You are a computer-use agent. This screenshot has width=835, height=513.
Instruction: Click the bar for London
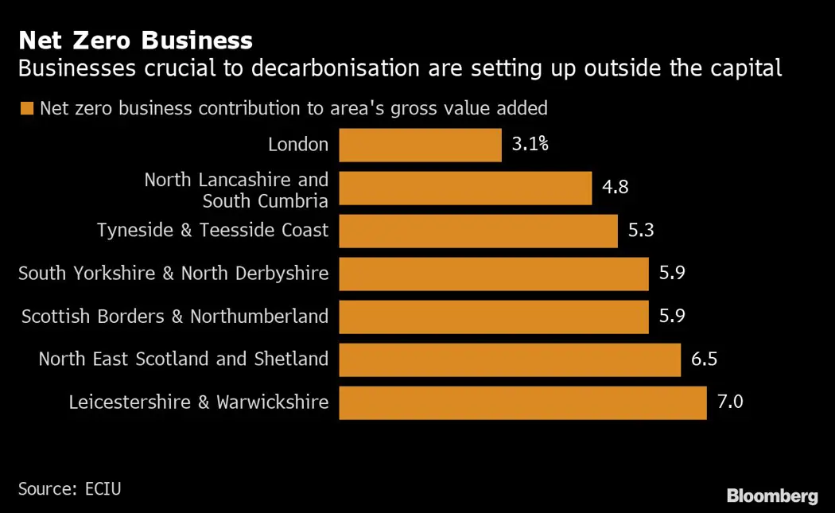tap(420, 146)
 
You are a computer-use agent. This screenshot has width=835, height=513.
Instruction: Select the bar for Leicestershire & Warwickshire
tap(522, 402)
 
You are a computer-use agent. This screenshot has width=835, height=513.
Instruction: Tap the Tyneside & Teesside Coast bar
tap(478, 231)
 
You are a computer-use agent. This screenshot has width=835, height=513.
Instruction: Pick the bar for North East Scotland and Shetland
tap(510, 359)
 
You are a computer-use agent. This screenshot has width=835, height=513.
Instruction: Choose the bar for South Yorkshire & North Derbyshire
tap(494, 274)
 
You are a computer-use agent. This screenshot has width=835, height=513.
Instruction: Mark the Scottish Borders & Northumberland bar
tap(494, 317)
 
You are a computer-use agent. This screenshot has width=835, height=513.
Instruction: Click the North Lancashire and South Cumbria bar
tap(465, 188)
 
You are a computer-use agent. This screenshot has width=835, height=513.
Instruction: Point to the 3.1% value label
tap(530, 145)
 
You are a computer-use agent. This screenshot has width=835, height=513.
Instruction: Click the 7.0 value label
tap(730, 402)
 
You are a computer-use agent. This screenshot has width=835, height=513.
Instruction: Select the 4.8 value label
tap(616, 188)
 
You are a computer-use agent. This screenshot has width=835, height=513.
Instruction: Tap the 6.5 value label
tap(705, 359)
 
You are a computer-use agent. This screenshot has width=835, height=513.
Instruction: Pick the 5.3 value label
tap(641, 231)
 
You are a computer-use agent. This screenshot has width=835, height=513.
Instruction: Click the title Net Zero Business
tap(135, 40)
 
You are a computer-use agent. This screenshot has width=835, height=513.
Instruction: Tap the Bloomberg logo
tap(771, 496)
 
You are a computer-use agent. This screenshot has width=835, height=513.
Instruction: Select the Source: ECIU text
tap(69, 488)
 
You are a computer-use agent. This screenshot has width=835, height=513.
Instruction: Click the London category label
tap(298, 145)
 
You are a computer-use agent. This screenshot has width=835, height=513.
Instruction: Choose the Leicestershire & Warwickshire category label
tap(199, 402)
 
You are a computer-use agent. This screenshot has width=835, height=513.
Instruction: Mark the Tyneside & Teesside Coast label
tap(212, 231)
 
